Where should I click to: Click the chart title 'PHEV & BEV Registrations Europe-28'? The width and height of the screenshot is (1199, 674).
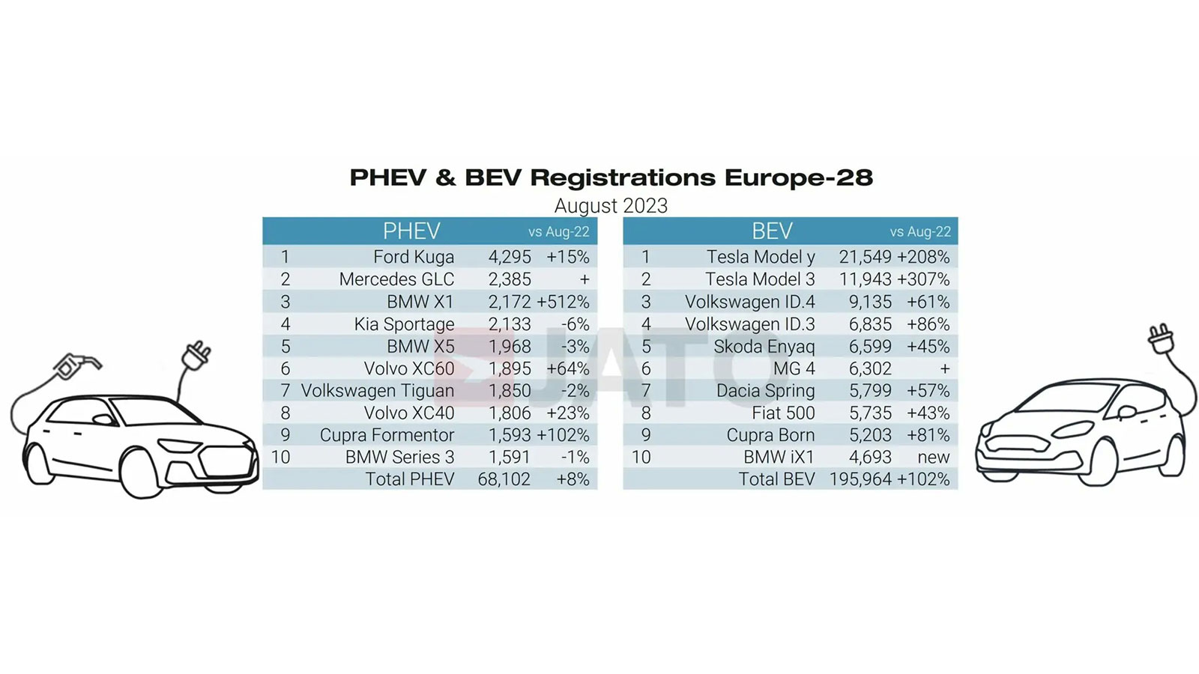pyautogui.click(x=611, y=177)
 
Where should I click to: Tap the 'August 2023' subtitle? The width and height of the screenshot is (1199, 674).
pyautogui.click(x=611, y=205)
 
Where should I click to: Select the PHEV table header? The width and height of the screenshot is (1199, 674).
pyautogui.click(x=411, y=231)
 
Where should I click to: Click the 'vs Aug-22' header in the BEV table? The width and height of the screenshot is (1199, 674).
pyautogui.click(x=920, y=232)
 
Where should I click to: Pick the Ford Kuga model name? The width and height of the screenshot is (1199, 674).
pyautogui.click(x=414, y=257)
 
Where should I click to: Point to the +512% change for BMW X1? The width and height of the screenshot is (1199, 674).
pyautogui.click(x=564, y=302)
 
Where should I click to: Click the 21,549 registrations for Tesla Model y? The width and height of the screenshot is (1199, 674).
pyautogui.click(x=865, y=257)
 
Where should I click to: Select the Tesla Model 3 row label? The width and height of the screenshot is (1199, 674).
pyautogui.click(x=760, y=279)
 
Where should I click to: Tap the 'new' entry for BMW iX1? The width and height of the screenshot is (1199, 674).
pyautogui.click(x=933, y=457)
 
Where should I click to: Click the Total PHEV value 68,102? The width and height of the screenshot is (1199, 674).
pyautogui.click(x=504, y=479)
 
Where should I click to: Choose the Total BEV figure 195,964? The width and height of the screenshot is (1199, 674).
pyautogui.click(x=860, y=479)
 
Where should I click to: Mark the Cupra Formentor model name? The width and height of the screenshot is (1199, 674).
pyautogui.click(x=387, y=435)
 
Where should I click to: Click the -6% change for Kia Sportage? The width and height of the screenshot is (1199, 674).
pyautogui.click(x=575, y=324)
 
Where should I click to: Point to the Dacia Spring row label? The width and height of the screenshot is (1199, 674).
pyautogui.click(x=765, y=391)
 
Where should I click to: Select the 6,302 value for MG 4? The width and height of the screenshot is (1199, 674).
pyautogui.click(x=870, y=368)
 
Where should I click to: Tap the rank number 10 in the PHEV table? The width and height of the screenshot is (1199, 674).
pyautogui.click(x=280, y=457)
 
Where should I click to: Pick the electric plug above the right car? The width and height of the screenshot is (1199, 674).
pyautogui.click(x=1161, y=338)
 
